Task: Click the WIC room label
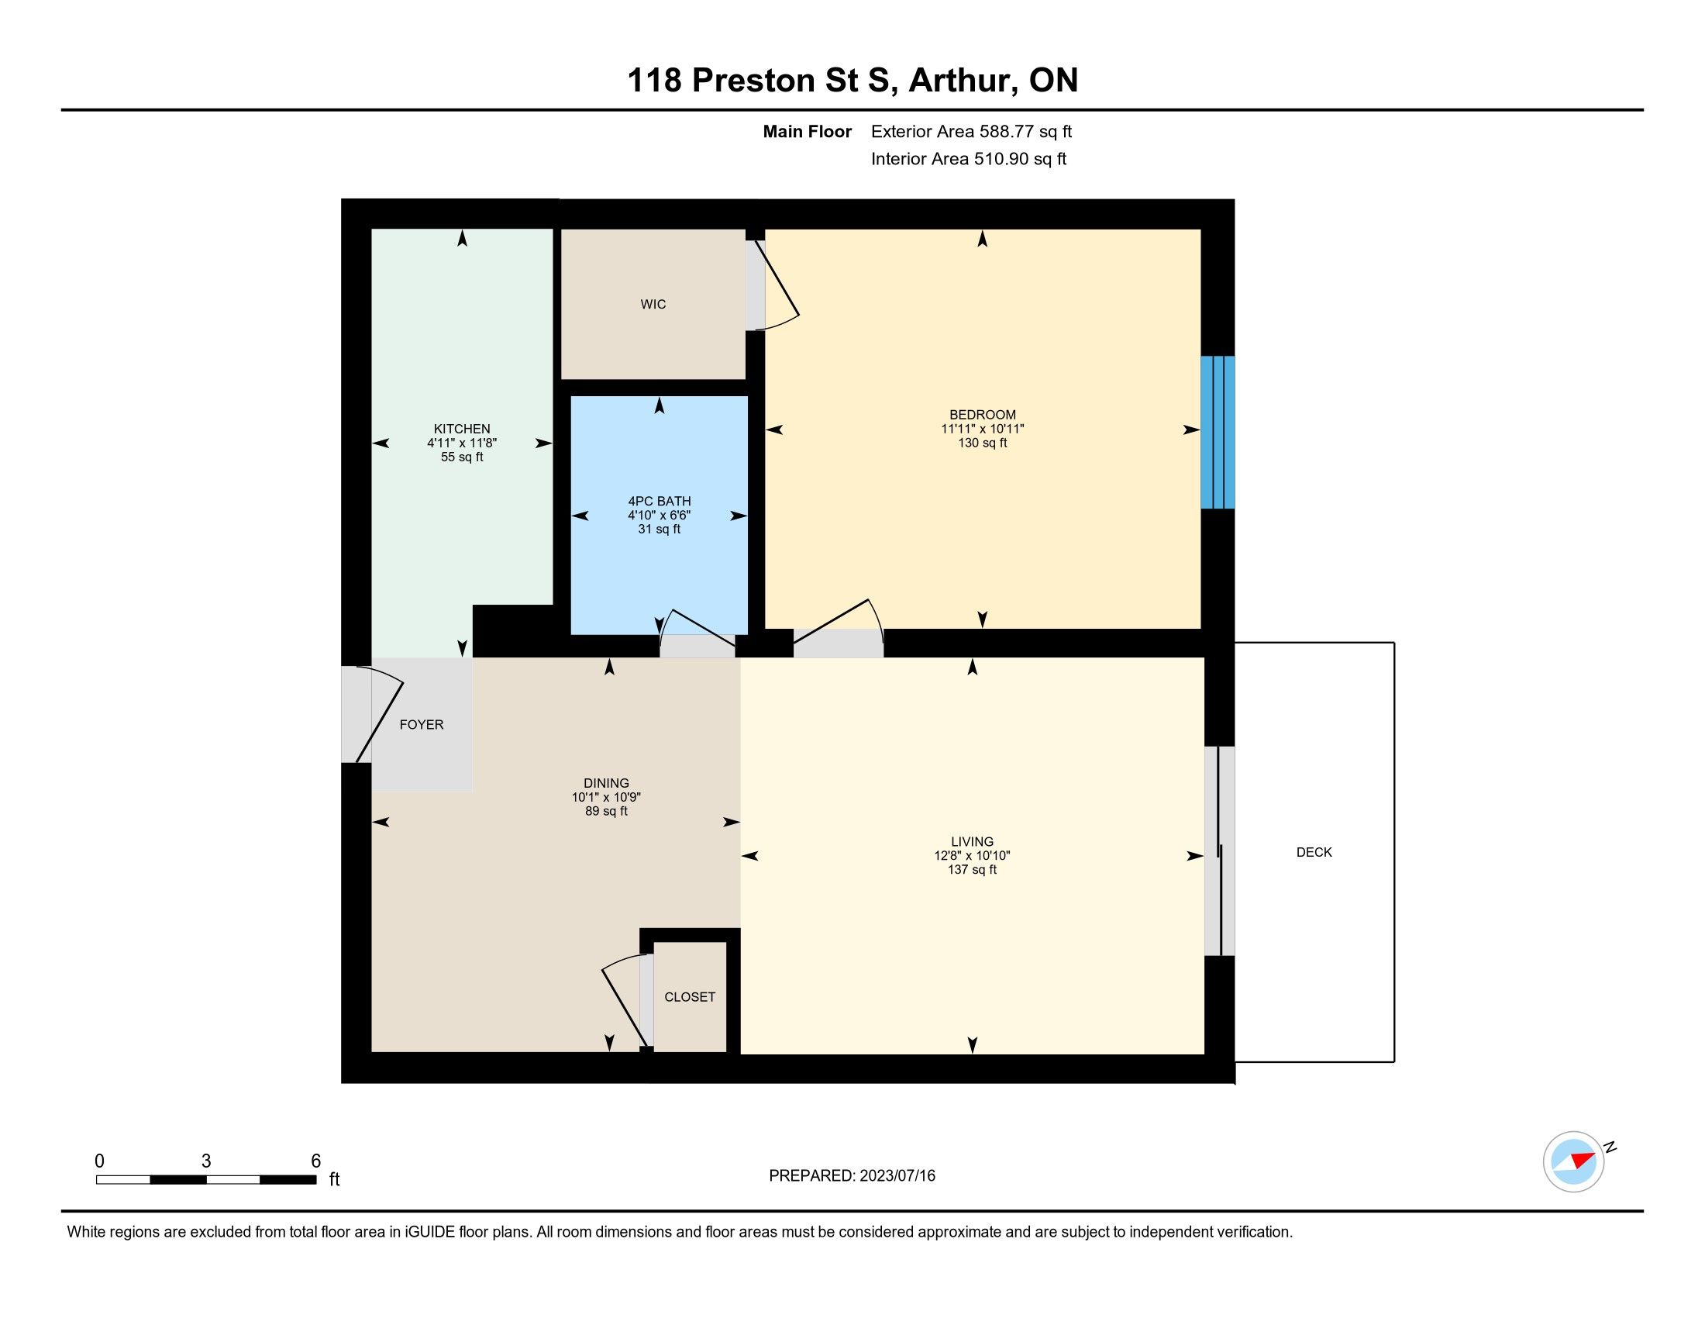coord(653,305)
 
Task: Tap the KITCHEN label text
coord(462,429)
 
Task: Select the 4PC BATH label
coord(660,502)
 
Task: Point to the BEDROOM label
coord(982,415)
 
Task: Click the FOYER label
coord(422,725)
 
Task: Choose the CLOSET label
coord(690,997)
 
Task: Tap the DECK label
coord(1314,853)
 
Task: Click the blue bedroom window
coord(1218,433)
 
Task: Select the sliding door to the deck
coord(1219,851)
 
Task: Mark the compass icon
coord(1574,1161)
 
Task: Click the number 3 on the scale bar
coord(206,1161)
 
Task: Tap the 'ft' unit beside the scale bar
coord(334,1179)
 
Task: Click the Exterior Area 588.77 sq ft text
coord(971,132)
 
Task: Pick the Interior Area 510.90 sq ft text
coord(969,159)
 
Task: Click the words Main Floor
coord(808,132)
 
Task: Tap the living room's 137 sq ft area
coord(972,870)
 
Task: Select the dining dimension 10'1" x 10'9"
coord(607,797)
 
